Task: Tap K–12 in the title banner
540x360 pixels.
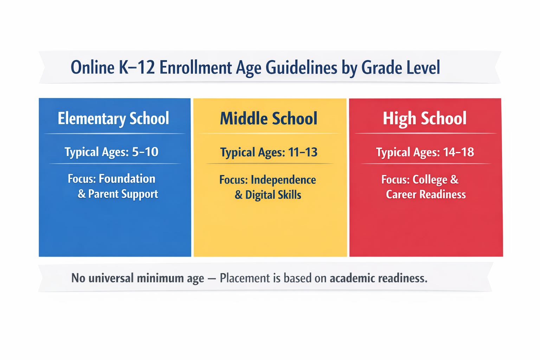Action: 137,67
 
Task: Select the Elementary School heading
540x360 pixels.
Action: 113,118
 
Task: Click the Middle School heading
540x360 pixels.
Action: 269,118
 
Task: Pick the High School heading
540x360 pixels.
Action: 425,118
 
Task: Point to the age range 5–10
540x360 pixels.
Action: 145,152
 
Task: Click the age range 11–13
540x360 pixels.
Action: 303,152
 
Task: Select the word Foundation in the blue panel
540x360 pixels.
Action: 127,179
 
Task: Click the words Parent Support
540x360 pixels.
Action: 123,194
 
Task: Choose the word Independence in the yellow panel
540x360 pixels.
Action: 283,180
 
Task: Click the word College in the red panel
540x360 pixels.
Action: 430,180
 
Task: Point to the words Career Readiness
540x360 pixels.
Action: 426,194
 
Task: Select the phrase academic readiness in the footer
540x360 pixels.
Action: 378,278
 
